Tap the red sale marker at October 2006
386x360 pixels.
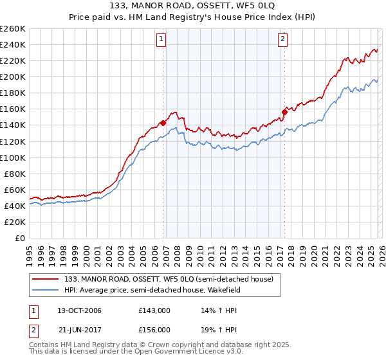tap(163, 122)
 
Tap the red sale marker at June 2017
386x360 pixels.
tap(284, 112)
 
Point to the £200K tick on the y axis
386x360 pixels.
tap(13, 76)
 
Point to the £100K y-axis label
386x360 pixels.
tap(13, 157)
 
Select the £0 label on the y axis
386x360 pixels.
tap(19, 238)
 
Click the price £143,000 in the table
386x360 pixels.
tap(154, 310)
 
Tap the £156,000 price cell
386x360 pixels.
tap(154, 330)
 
